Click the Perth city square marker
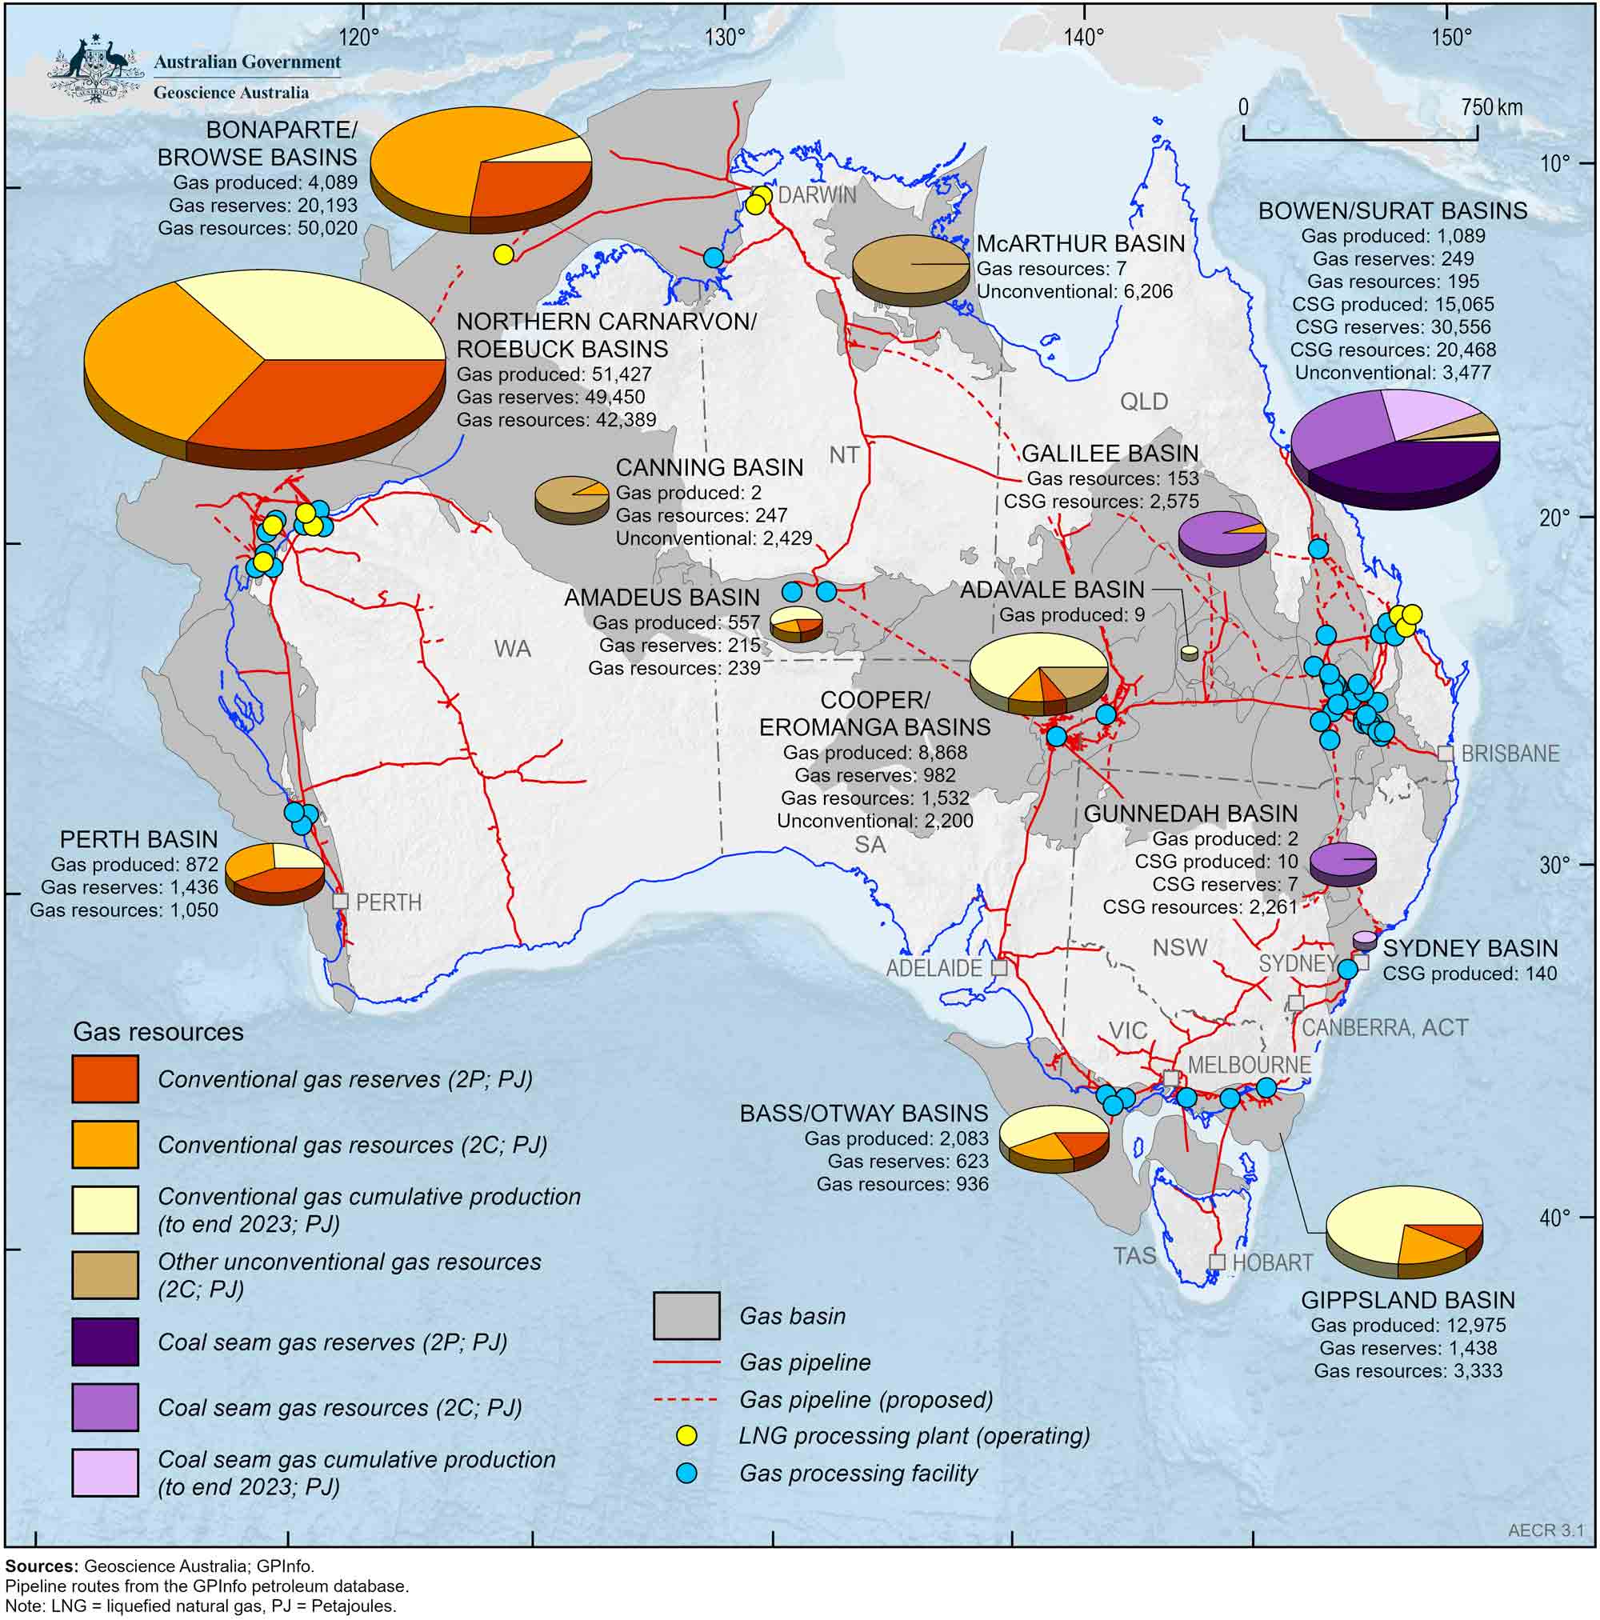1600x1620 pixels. pyautogui.click(x=340, y=901)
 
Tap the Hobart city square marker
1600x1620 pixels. pyautogui.click(x=1217, y=1262)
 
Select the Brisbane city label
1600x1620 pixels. pyautogui.click(x=1510, y=753)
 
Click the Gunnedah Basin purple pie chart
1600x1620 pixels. pyautogui.click(x=1342, y=863)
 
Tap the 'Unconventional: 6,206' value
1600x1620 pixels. pyautogui.click(x=1074, y=292)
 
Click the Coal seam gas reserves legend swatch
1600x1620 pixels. pyautogui.click(x=105, y=1342)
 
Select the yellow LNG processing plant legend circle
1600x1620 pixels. pyautogui.click(x=686, y=1435)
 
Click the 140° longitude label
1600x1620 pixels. pyautogui.click(x=1084, y=37)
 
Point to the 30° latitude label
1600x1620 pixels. pyautogui.click(x=1553, y=865)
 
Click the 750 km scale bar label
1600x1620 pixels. pyautogui.click(x=1492, y=107)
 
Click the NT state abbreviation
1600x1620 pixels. pyautogui.click(x=844, y=454)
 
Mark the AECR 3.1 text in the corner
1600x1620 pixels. pyautogui.click(x=1546, y=1530)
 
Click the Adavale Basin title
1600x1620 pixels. pyautogui.click(x=1051, y=590)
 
